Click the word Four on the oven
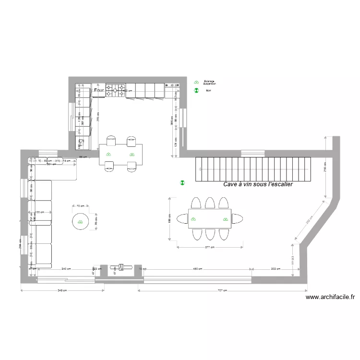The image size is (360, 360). (99, 90)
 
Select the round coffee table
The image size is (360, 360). (80, 221)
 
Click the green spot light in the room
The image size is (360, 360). (182, 182)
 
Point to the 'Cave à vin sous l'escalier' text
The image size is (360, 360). (258, 184)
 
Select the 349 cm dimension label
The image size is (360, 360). (62, 290)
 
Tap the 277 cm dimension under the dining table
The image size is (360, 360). (209, 248)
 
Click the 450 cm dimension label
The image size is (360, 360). (197, 269)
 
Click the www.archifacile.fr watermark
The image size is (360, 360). (330, 298)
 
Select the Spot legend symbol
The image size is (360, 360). (196, 90)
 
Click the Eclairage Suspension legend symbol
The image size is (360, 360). (196, 83)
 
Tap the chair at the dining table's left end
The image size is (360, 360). (182, 219)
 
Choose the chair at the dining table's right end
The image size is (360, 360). (237, 219)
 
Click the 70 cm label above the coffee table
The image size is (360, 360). (80, 205)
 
